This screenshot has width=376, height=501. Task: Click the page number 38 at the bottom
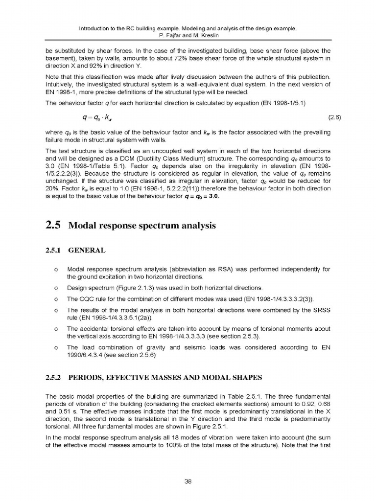tap(188, 481)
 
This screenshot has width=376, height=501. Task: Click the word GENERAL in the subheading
tap(87, 250)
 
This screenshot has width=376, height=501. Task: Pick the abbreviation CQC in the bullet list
tap(86, 298)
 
